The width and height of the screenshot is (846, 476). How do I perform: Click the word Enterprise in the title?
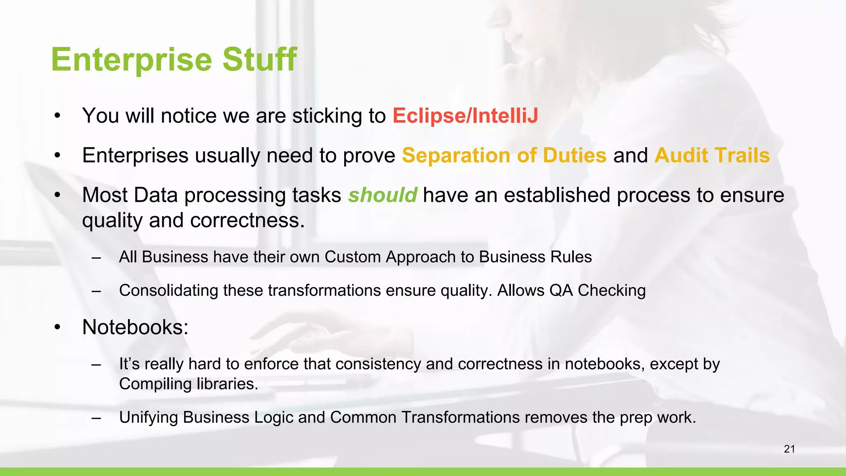coord(132,60)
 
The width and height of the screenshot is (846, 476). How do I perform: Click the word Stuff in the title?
coord(259,59)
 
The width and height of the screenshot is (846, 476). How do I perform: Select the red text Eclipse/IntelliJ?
coord(465,116)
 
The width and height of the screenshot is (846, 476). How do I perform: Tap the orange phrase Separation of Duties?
coord(504,155)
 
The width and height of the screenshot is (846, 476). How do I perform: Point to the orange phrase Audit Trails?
coord(712,155)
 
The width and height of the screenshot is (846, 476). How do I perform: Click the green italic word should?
coord(382,195)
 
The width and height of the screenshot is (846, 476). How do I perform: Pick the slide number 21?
coord(789,449)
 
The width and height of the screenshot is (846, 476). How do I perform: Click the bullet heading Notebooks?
coord(135,327)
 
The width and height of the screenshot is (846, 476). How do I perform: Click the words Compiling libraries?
coord(188,384)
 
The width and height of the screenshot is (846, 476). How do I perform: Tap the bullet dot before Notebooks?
coord(57,328)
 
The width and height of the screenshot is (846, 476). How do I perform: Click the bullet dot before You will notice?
coord(57,116)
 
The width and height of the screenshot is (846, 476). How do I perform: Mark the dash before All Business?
coord(96,257)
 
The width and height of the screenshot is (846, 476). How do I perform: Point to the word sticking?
coord(327,116)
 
